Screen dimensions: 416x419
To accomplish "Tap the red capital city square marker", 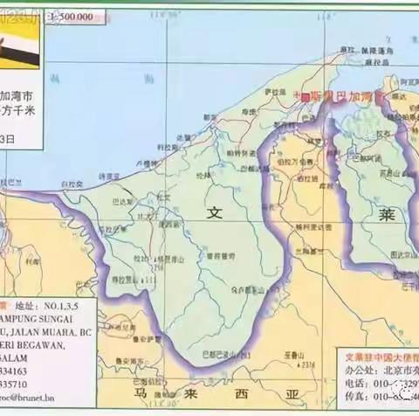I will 305,99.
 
